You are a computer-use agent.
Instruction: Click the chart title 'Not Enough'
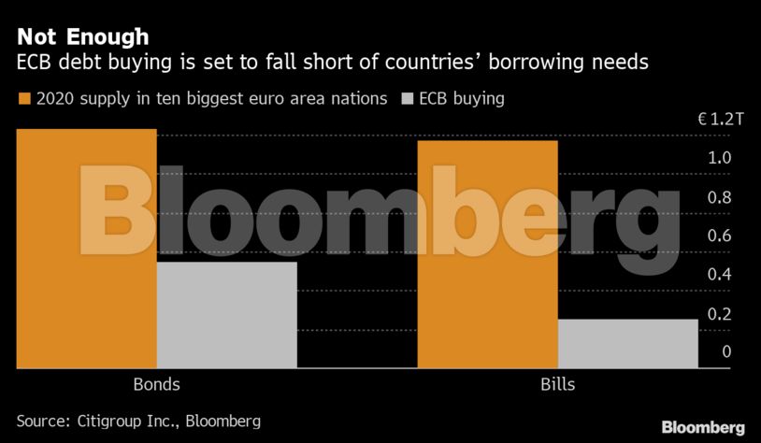pyautogui.click(x=82, y=36)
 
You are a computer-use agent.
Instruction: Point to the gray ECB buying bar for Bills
pyautogui.click(x=627, y=343)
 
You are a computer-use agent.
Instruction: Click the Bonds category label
pyautogui.click(x=156, y=384)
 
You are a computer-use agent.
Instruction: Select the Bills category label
pyautogui.click(x=558, y=384)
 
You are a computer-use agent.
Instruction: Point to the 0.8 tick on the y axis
pyautogui.click(x=719, y=197)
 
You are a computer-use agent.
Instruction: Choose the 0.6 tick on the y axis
pyautogui.click(x=719, y=236)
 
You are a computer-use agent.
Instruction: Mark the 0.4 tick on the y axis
pyautogui.click(x=719, y=275)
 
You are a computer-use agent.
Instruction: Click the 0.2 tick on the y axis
pyautogui.click(x=719, y=313)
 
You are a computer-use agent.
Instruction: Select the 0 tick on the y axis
pyautogui.click(x=726, y=351)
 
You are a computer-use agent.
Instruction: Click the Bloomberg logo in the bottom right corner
pyautogui.click(x=703, y=427)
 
